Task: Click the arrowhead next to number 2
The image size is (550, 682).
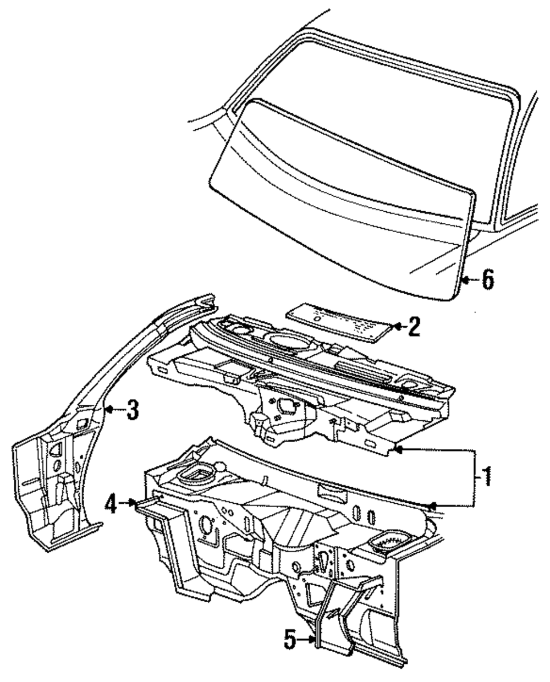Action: click(396, 327)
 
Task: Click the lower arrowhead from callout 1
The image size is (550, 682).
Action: click(433, 504)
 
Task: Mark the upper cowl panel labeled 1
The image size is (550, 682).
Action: click(308, 385)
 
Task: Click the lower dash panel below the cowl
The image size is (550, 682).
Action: click(264, 528)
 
